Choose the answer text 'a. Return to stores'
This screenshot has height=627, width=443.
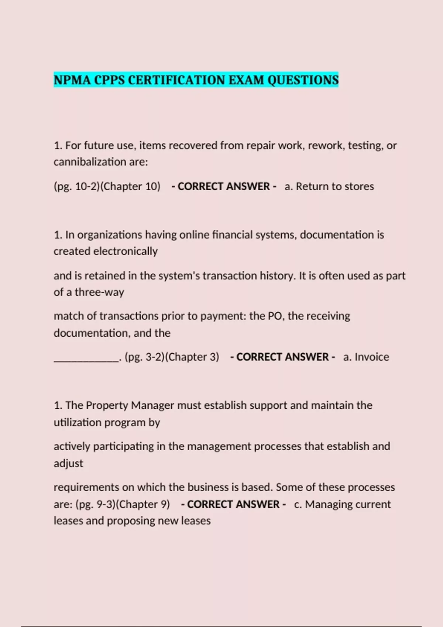(329, 187)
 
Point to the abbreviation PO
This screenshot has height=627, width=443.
(274, 316)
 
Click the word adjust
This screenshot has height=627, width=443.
(68, 464)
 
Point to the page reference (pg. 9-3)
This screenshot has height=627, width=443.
(95, 504)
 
